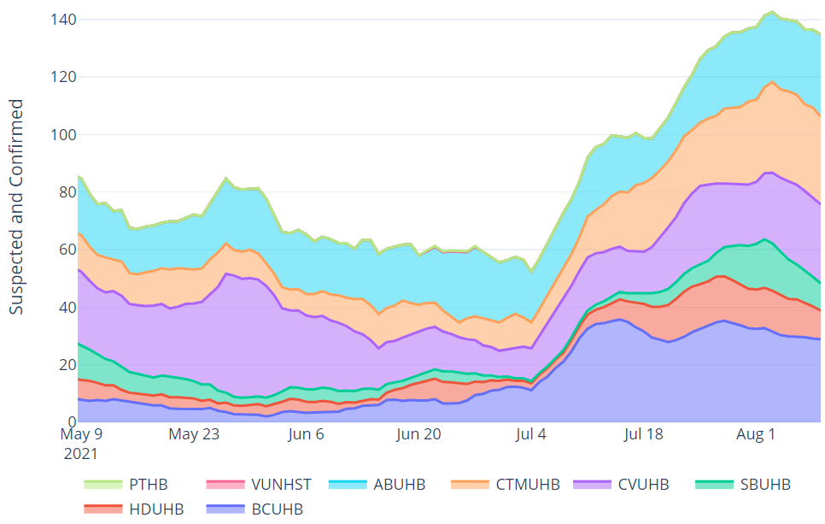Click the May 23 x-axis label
click(x=194, y=434)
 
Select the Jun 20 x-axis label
click(x=419, y=434)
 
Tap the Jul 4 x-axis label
click(x=531, y=434)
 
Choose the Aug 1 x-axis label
click(x=756, y=434)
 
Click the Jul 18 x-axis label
click(x=643, y=434)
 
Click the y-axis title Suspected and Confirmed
click(x=16, y=206)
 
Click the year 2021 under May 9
click(x=80, y=453)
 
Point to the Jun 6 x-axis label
click(x=307, y=434)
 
